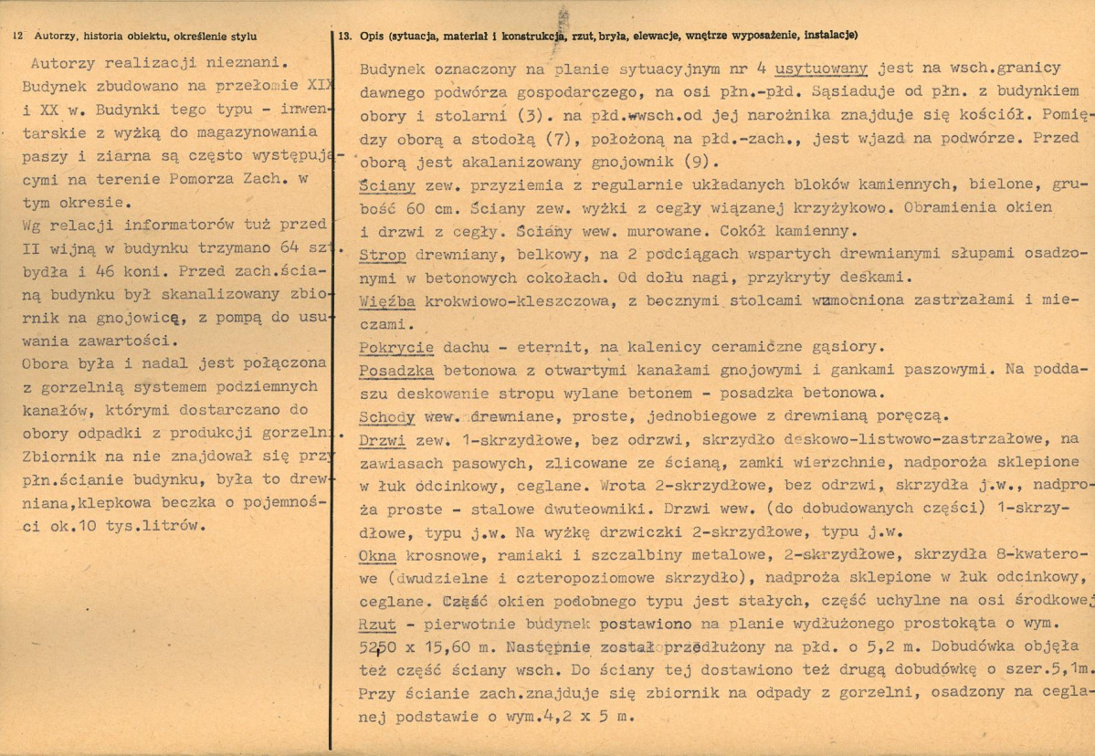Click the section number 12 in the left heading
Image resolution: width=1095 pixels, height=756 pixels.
click(x=18, y=37)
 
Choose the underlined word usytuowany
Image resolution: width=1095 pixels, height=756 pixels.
click(x=825, y=68)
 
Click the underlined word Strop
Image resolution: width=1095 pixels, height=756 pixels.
click(x=383, y=255)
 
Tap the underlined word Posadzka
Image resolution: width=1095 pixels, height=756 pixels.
click(x=397, y=371)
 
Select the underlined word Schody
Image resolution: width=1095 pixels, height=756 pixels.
click(x=388, y=416)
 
